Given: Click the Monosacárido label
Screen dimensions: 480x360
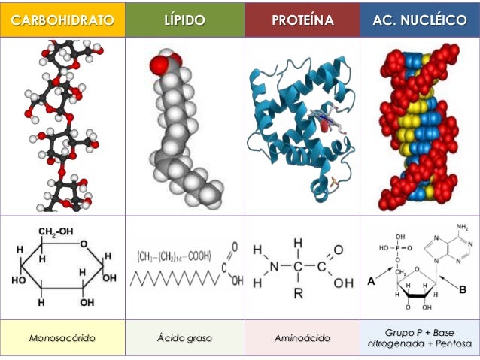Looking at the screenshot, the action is (62, 339).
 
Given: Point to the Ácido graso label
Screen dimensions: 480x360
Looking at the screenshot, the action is (184, 339).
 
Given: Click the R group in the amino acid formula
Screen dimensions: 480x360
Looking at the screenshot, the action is (298, 294).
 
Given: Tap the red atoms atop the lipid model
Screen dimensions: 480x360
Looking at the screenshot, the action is (162, 62).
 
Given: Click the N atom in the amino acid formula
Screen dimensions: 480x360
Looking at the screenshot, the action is (273, 267).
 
